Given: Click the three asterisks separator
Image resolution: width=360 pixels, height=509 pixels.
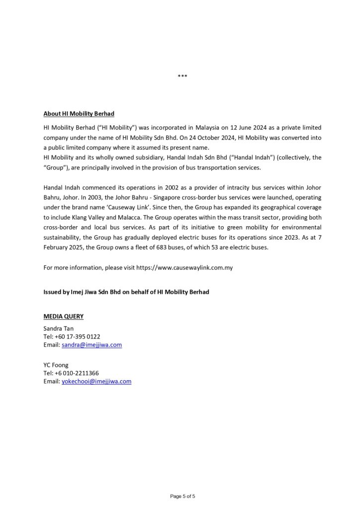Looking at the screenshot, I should coord(182,76).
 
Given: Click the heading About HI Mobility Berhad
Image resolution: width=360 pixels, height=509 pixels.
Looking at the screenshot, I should coord(79,114).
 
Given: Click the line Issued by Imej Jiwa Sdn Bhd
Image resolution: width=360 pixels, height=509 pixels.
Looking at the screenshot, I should coord(126,292).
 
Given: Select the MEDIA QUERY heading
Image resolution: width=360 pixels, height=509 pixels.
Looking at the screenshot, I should coord(64,316).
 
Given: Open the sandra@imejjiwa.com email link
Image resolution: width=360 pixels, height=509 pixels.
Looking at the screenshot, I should coord(91,344).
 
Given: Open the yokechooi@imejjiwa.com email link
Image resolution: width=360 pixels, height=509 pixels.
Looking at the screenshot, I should coord(96,381).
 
